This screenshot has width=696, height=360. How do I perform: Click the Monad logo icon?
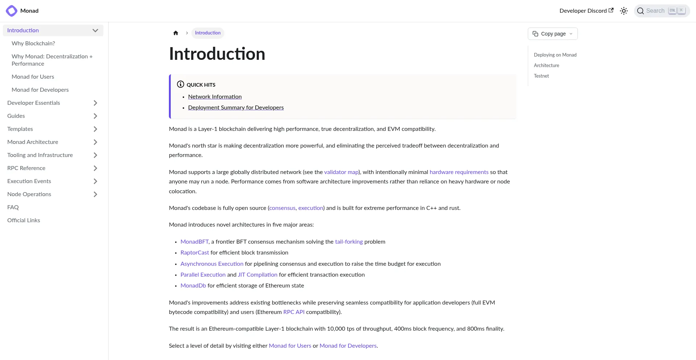coord(12,11)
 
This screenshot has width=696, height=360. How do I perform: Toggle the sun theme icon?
coord(624,11)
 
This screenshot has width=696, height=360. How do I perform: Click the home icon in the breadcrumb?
coord(176,33)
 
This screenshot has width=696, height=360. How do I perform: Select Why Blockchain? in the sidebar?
coord(33,44)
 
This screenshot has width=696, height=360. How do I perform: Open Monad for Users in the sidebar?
coord(33,77)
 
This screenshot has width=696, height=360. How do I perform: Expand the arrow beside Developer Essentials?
coord(95,103)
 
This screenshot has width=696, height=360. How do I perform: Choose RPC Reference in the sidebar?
coord(26,168)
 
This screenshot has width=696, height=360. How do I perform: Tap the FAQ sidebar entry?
coord(13,207)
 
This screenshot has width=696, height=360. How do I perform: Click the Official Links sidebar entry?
coord(24,220)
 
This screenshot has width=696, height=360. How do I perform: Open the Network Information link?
coord(215,97)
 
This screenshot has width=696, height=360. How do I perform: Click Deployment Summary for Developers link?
coord(236,108)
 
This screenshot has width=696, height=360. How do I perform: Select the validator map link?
coord(341,172)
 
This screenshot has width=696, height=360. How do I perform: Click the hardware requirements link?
coord(459,172)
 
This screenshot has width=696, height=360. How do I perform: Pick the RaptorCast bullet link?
coord(195,253)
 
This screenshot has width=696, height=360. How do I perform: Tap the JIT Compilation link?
coord(257,275)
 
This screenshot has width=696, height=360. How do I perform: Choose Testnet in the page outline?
coord(541,76)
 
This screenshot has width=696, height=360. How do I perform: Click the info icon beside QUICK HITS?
coord(181,84)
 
